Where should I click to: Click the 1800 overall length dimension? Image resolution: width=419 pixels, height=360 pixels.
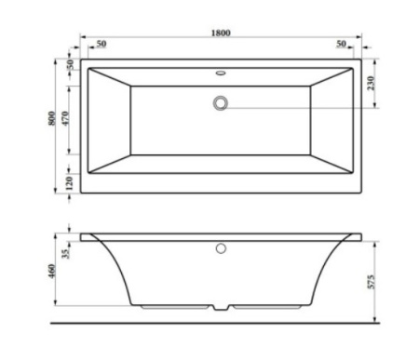221,33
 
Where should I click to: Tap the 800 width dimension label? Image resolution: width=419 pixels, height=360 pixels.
52,118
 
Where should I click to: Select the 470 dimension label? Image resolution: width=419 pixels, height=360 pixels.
65,118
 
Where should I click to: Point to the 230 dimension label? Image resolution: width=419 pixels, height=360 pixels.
371,83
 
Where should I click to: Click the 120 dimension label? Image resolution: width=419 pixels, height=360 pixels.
70,183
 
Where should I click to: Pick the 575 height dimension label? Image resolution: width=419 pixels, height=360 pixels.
372,282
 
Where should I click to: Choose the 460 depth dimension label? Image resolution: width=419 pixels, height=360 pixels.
52,271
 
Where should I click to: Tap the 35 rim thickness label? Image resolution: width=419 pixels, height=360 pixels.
66,253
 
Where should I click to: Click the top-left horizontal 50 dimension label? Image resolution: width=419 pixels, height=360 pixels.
101,44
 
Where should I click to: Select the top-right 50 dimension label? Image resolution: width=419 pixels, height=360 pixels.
341,44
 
